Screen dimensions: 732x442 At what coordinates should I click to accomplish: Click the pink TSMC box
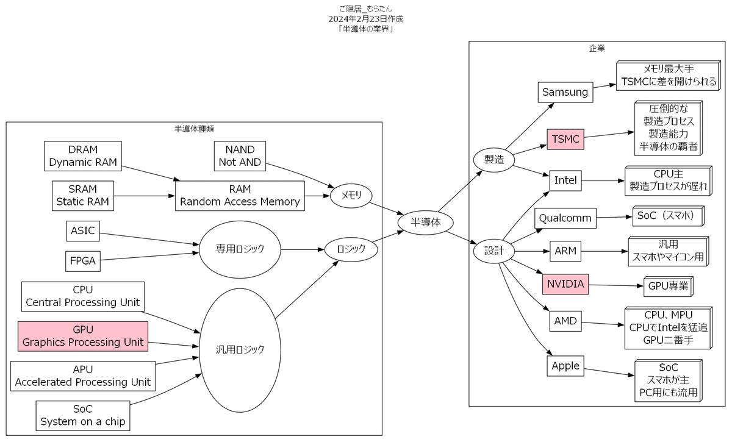[565, 139]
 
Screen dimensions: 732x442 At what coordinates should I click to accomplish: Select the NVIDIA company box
[565, 284]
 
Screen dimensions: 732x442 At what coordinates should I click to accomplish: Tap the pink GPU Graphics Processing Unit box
[83, 336]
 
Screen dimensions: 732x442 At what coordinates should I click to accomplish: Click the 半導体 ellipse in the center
[426, 223]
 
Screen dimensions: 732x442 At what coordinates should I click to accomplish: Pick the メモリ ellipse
[351, 196]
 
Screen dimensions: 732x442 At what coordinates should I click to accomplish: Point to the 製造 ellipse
[493, 160]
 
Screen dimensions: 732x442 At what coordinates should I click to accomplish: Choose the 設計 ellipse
[493, 251]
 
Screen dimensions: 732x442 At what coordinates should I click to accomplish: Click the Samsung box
[565, 92]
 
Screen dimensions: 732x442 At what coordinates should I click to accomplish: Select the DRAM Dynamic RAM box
[83, 156]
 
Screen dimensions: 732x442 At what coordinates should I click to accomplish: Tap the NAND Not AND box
[240, 156]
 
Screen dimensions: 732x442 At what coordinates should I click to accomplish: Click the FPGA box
[83, 261]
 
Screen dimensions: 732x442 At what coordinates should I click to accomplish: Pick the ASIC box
[83, 231]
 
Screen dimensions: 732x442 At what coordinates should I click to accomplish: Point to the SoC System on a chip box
[83, 416]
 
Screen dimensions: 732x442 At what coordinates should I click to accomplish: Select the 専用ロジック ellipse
[240, 249]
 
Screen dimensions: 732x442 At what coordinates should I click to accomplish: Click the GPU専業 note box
[669, 287]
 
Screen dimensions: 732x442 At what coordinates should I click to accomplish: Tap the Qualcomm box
[565, 218]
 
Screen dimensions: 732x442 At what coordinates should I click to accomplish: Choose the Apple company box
[565, 366]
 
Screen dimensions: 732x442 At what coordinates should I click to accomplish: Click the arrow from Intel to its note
[603, 180]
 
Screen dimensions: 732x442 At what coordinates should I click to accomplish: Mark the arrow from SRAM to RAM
[145, 196]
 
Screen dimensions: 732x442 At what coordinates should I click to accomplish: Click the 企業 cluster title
[597, 48]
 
